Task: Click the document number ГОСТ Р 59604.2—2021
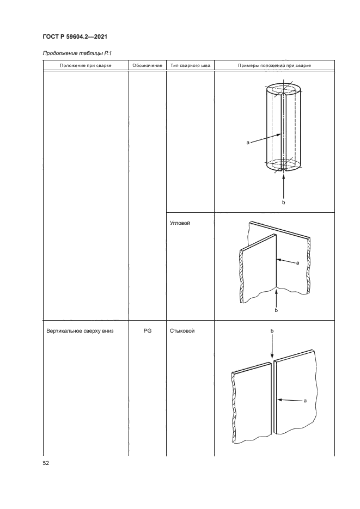coord(75,36)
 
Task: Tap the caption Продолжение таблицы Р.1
coord(77,53)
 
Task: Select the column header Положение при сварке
coord(86,65)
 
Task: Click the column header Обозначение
coord(148,65)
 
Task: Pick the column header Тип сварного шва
coord(190,65)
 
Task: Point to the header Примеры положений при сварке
coord(274,65)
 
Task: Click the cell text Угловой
coord(180,223)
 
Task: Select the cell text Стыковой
coord(182,331)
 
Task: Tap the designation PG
coord(148,331)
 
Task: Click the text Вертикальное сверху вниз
coord(80,332)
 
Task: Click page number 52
coord(46,463)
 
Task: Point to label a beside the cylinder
coord(248,143)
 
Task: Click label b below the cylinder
coord(283,203)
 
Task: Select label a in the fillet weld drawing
coord(298,263)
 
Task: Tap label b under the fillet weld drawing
coord(276,310)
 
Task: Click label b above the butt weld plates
coord(272,331)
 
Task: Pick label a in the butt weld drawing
coord(305,401)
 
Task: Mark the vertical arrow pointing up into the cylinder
coord(284,186)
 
